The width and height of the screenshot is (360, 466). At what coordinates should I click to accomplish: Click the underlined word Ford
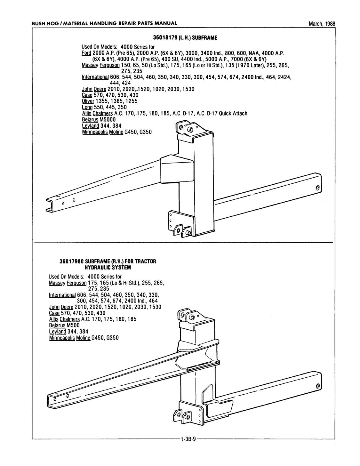click(86, 53)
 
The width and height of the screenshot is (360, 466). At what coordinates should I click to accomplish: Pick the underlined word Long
click(86, 107)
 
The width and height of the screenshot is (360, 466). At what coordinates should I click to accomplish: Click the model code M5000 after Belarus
click(108, 119)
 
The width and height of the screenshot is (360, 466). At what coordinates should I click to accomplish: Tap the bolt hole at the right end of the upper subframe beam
click(317, 188)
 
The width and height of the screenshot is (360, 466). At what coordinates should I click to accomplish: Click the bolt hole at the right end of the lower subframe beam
click(317, 386)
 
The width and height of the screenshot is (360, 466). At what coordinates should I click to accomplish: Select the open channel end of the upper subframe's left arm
click(50, 205)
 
